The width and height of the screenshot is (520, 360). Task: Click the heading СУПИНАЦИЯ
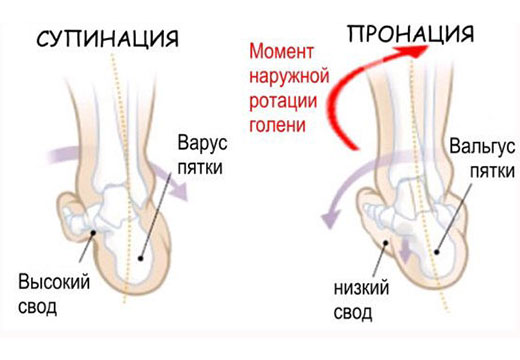coord(107,39)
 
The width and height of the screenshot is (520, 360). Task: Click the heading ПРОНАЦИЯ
coord(410,34)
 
